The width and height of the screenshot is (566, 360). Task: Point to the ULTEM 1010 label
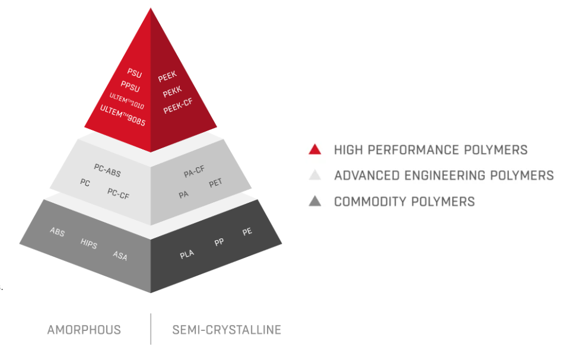[126, 99]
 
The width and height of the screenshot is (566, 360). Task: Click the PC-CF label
[118, 193]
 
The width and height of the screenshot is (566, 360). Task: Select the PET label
[215, 184]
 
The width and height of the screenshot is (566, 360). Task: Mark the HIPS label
[88, 244]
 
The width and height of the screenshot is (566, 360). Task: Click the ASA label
[120, 256]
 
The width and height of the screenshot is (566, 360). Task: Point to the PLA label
[187, 255]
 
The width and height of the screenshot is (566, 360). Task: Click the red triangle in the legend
[315, 149]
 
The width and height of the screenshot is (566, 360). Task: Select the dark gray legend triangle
[315, 202]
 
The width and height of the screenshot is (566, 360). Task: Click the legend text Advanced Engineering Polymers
[443, 176]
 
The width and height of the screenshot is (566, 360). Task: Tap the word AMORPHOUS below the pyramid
[84, 330]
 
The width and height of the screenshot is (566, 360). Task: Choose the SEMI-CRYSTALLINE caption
[227, 330]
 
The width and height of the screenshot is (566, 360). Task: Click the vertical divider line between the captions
[151, 329]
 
